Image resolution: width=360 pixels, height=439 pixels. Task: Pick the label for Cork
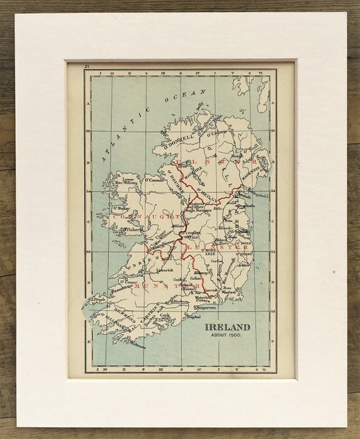[166, 314]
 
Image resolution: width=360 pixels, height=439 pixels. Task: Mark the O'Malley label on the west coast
[121, 207]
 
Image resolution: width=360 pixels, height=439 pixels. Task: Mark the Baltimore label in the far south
[138, 345]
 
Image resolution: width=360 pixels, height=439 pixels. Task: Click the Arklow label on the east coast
[242, 265]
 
